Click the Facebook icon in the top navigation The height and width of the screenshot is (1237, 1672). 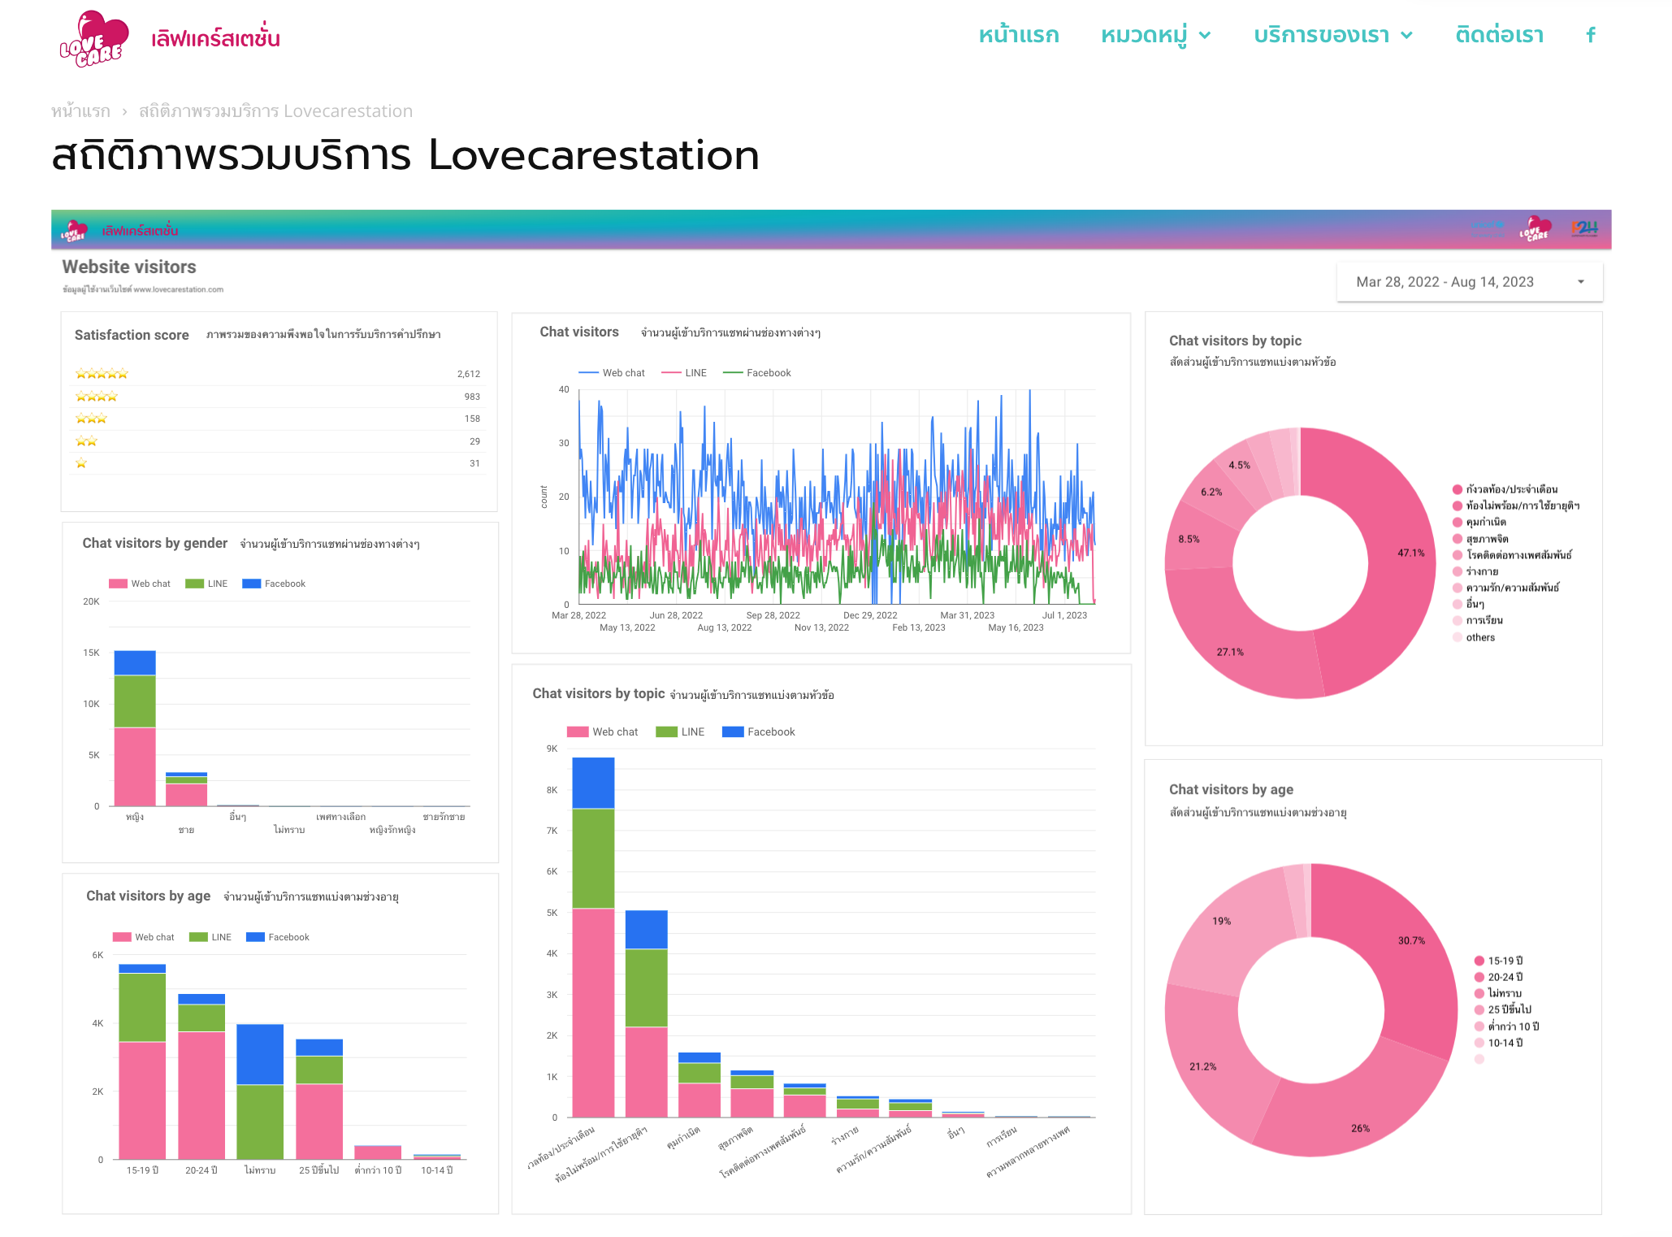click(1591, 35)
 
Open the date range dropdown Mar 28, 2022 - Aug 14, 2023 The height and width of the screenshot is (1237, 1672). click(1469, 282)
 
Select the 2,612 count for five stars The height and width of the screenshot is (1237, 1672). click(468, 374)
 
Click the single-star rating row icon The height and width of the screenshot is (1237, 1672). click(81, 463)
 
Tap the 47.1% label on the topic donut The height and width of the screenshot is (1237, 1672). click(1410, 553)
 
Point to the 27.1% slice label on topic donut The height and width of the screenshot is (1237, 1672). click(1229, 652)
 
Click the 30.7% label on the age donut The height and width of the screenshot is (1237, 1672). click(1411, 940)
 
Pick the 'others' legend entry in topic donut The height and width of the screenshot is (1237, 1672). click(1479, 637)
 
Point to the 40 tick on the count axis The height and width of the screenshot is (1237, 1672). click(564, 389)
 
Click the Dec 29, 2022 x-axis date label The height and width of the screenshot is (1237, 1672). click(870, 615)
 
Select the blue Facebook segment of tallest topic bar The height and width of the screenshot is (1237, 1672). click(593, 782)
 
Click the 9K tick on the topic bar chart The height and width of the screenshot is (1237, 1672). click(552, 749)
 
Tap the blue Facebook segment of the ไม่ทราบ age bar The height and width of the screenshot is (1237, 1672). click(260, 1053)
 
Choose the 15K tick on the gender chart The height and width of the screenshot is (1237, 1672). click(91, 653)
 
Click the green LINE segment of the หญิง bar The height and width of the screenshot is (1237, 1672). click(135, 701)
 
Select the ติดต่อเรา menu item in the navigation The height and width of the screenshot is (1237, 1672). click(1499, 35)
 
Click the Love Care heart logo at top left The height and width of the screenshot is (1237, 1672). click(93, 38)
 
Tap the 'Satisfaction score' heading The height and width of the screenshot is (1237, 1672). click(132, 335)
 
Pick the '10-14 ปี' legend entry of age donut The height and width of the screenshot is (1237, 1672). click(1504, 1043)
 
